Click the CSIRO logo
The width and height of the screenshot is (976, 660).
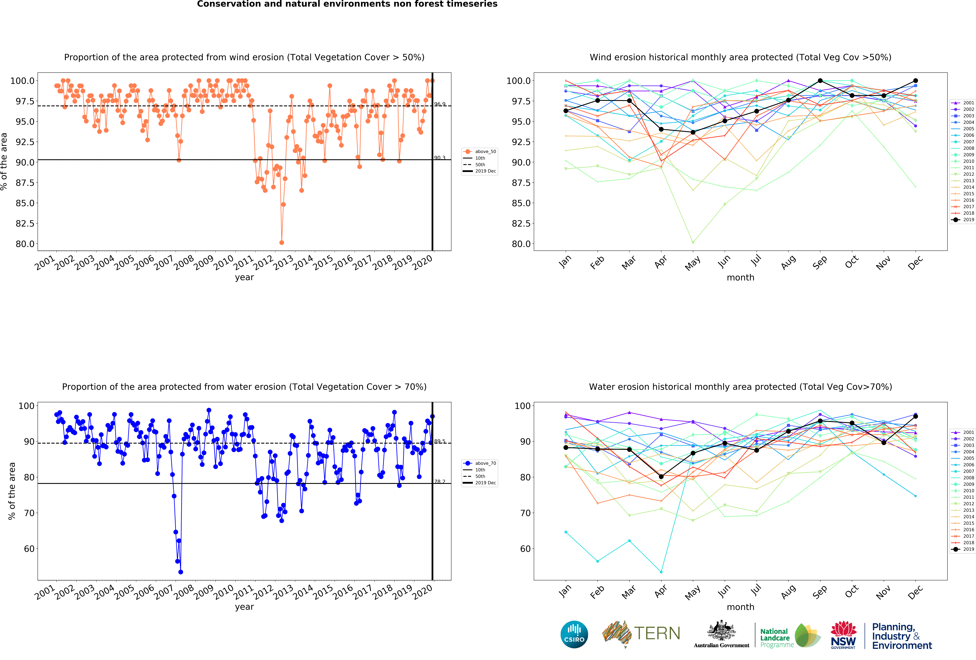tap(574, 634)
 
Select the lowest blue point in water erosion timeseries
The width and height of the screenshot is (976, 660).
tap(181, 572)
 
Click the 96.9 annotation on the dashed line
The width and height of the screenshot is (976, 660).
tap(439, 104)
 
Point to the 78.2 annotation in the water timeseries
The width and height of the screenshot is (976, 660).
tap(439, 482)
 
